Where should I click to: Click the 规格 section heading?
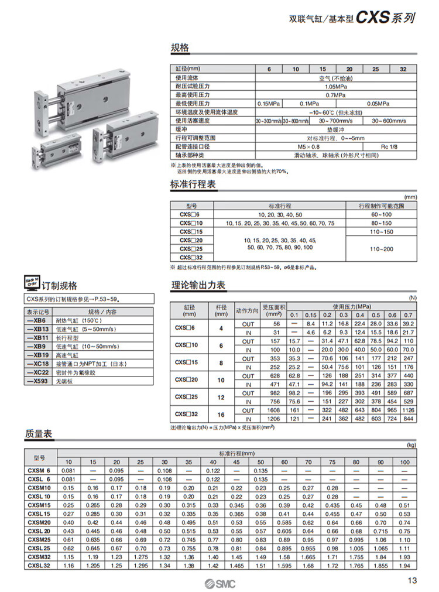click(180, 47)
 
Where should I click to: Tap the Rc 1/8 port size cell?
click(389, 146)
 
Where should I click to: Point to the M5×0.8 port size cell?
click(309, 146)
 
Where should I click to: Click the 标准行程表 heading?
click(193, 185)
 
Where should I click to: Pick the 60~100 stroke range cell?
click(381, 215)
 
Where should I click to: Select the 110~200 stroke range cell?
click(381, 249)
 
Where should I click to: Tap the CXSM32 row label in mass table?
click(39, 556)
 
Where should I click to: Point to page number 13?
click(411, 581)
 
